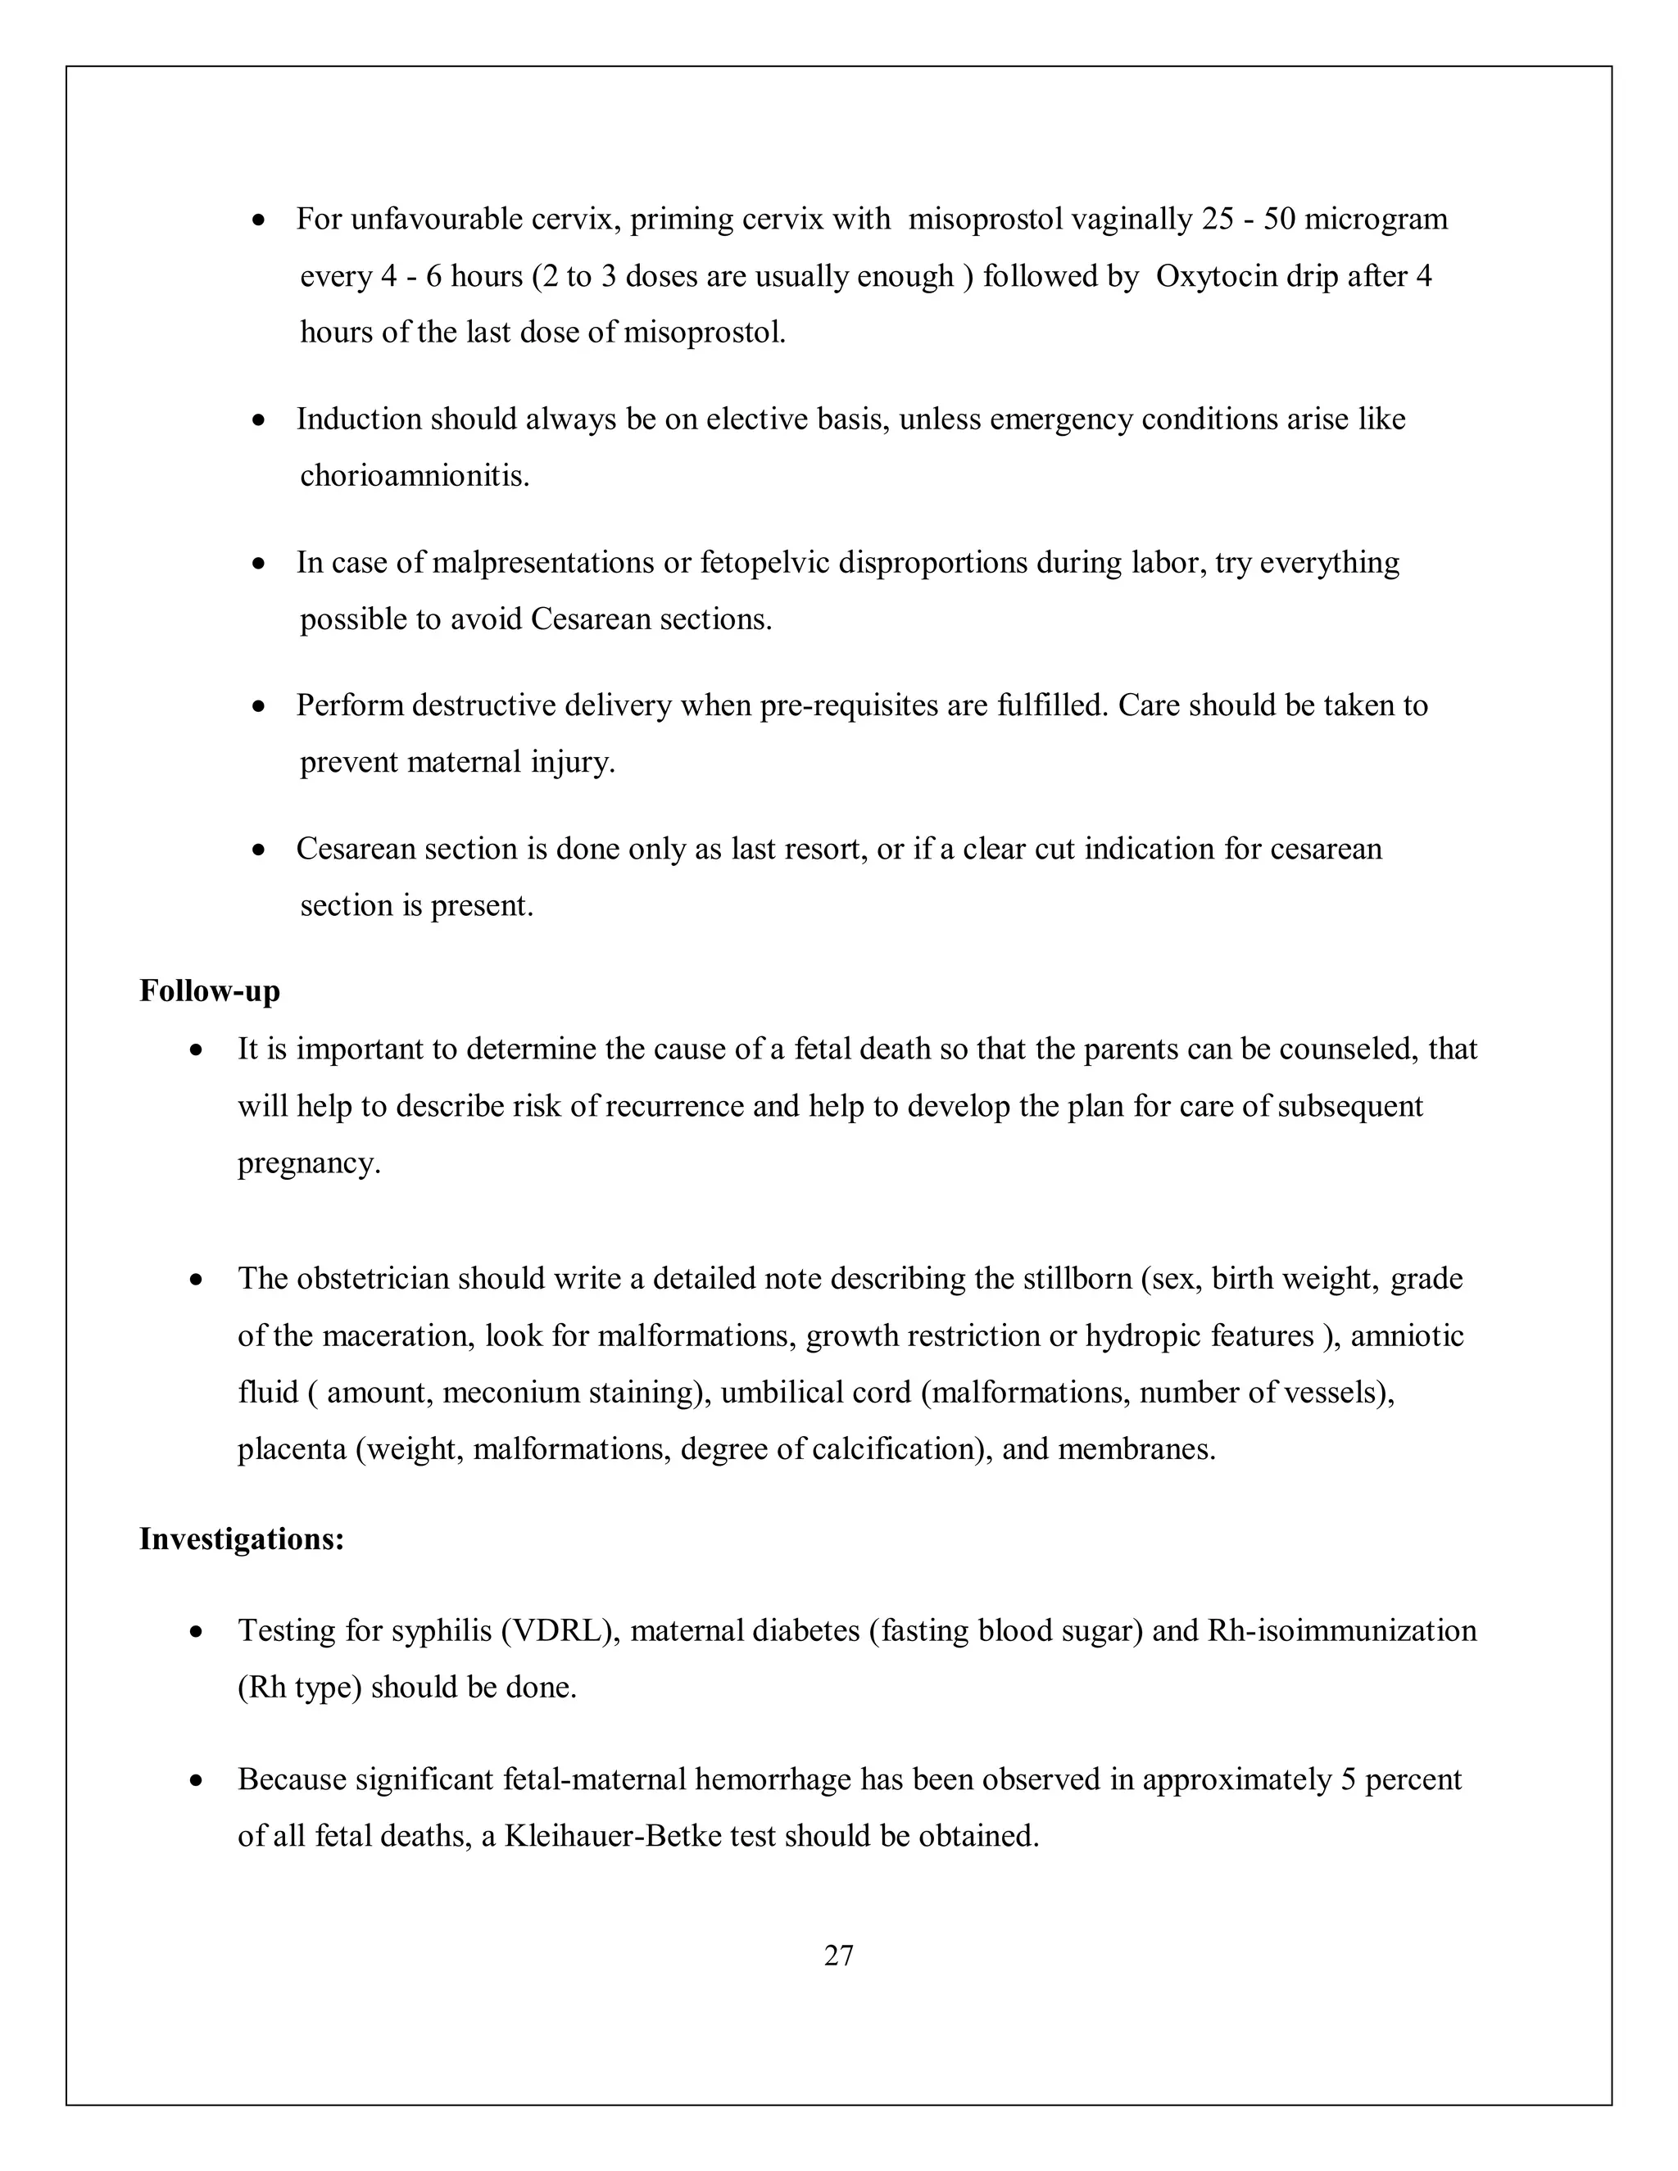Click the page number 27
coord(838,1956)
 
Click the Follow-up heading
coord(210,991)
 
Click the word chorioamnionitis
coord(414,476)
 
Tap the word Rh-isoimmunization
coord(1341,1631)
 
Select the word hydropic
coord(1143,1335)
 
